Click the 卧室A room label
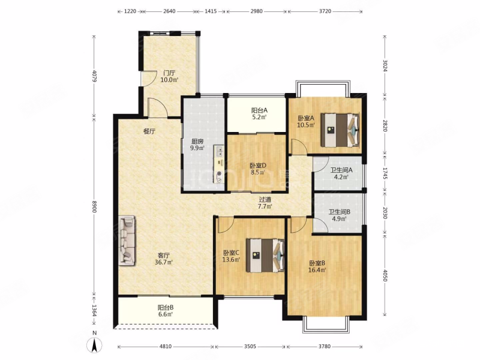click(306, 118)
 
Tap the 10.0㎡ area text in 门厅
click(170, 80)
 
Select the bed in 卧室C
click(265, 255)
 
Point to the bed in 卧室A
click(340, 130)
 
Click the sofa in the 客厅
click(127, 241)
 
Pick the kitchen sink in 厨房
click(220, 151)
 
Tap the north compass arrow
click(95, 346)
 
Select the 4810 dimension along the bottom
click(166, 347)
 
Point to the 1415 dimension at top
click(211, 11)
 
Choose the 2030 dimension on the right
click(385, 212)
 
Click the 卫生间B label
click(340, 212)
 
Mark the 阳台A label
click(260, 110)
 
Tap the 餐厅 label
click(149, 131)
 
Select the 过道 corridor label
click(265, 200)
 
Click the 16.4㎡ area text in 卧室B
click(317, 269)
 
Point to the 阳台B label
click(166, 308)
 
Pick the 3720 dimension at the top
click(325, 11)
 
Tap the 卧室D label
click(258, 166)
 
